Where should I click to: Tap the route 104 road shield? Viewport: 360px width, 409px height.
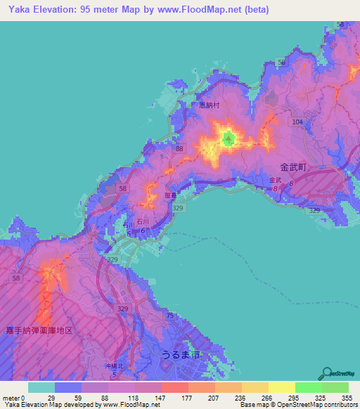pos(297,122)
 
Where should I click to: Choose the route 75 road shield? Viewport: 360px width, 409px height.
pos(169,316)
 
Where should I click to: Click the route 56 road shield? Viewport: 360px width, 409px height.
pos(281,63)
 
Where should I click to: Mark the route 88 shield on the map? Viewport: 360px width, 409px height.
pos(180,149)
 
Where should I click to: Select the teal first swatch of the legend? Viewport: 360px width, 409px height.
pos(41,387)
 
